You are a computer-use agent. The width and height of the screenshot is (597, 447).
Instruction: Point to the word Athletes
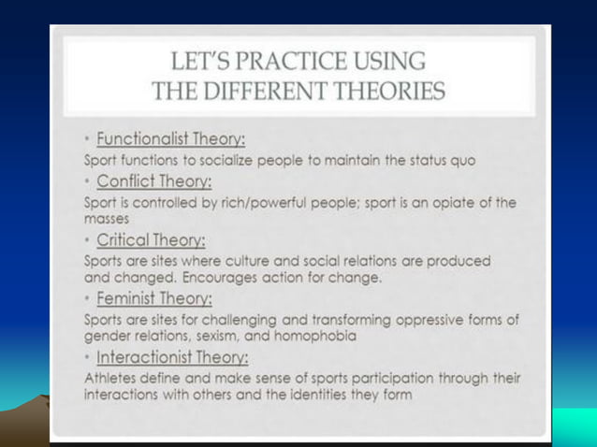point(109,378)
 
